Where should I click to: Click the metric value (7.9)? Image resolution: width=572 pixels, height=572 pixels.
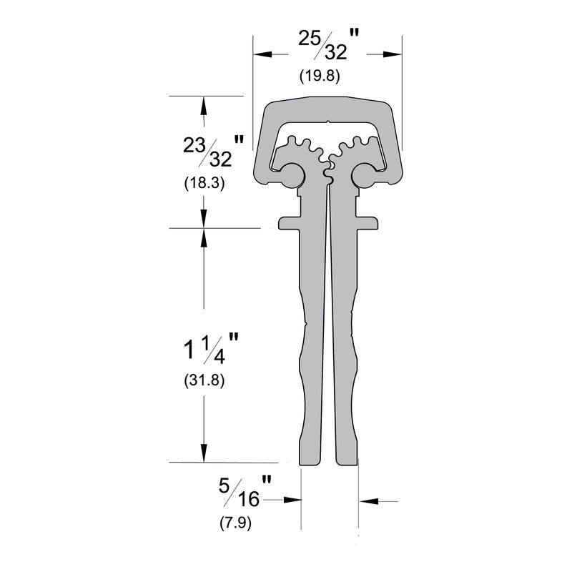tap(235, 523)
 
